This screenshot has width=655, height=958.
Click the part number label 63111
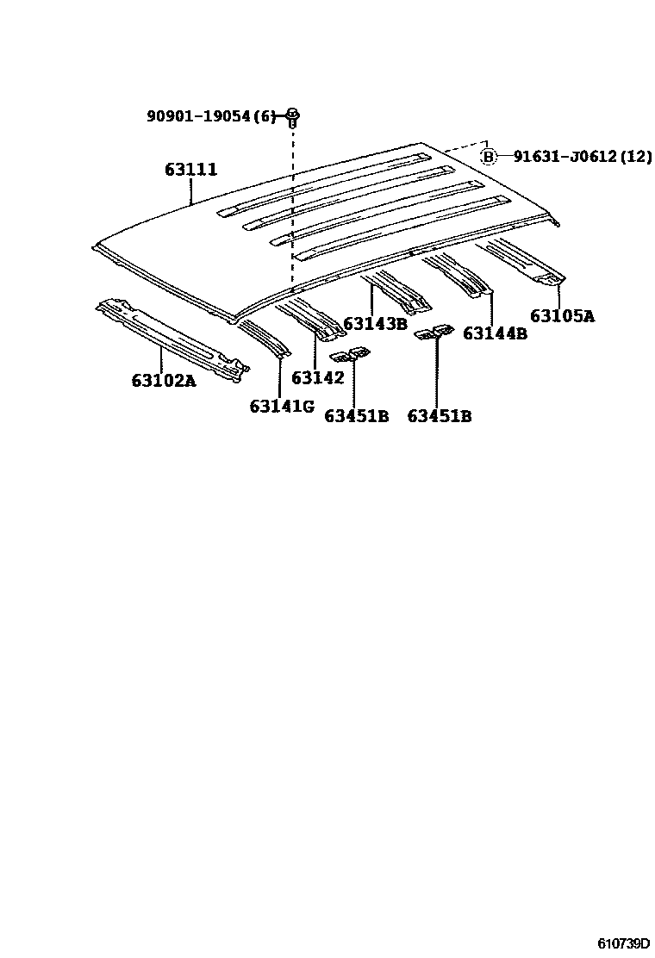click(190, 171)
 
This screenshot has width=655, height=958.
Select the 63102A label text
click(164, 380)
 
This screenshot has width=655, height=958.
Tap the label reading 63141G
click(282, 406)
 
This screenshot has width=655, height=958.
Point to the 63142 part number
click(317, 377)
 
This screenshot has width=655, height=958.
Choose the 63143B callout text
click(375, 324)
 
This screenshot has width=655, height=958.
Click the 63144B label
click(495, 333)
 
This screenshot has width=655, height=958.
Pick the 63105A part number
click(562, 315)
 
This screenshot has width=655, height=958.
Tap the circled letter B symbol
click(489, 156)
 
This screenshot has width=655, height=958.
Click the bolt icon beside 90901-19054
click(292, 115)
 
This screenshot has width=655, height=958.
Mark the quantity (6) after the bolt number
click(268, 116)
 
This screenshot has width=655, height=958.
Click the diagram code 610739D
click(621, 942)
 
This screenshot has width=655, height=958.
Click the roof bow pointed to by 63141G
click(264, 338)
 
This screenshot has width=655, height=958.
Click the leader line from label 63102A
click(161, 358)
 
